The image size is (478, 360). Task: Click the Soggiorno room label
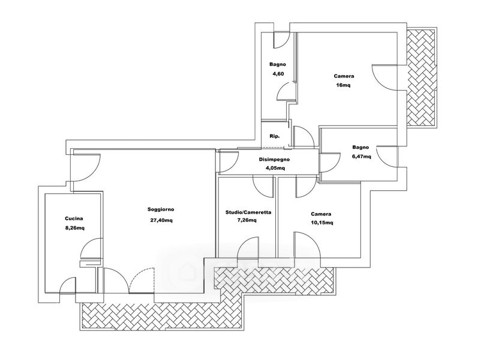click(x=161, y=209)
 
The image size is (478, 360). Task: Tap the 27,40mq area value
click(x=161, y=220)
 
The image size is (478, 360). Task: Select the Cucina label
click(x=74, y=218)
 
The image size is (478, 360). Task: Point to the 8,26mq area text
click(x=75, y=227)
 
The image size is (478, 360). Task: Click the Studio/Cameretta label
click(x=248, y=212)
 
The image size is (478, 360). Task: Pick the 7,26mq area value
click(x=246, y=220)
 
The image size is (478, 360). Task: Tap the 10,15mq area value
click(x=322, y=223)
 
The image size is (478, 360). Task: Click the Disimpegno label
click(x=274, y=159)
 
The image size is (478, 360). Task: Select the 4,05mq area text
click(x=275, y=168)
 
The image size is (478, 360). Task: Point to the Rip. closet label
click(x=275, y=136)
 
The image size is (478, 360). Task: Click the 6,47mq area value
click(x=361, y=157)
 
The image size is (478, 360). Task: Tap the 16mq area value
click(x=343, y=85)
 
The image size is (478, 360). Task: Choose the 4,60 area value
click(x=277, y=74)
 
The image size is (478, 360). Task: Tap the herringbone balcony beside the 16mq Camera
click(x=422, y=77)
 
